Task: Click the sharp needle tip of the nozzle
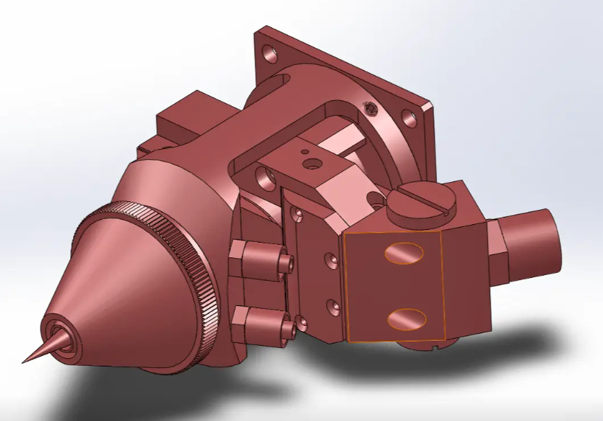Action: coord(25,361)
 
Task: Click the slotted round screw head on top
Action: coord(419,203)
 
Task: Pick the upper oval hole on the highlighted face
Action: coord(402,252)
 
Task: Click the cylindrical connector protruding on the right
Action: coord(532,235)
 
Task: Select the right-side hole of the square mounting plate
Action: coord(408,118)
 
